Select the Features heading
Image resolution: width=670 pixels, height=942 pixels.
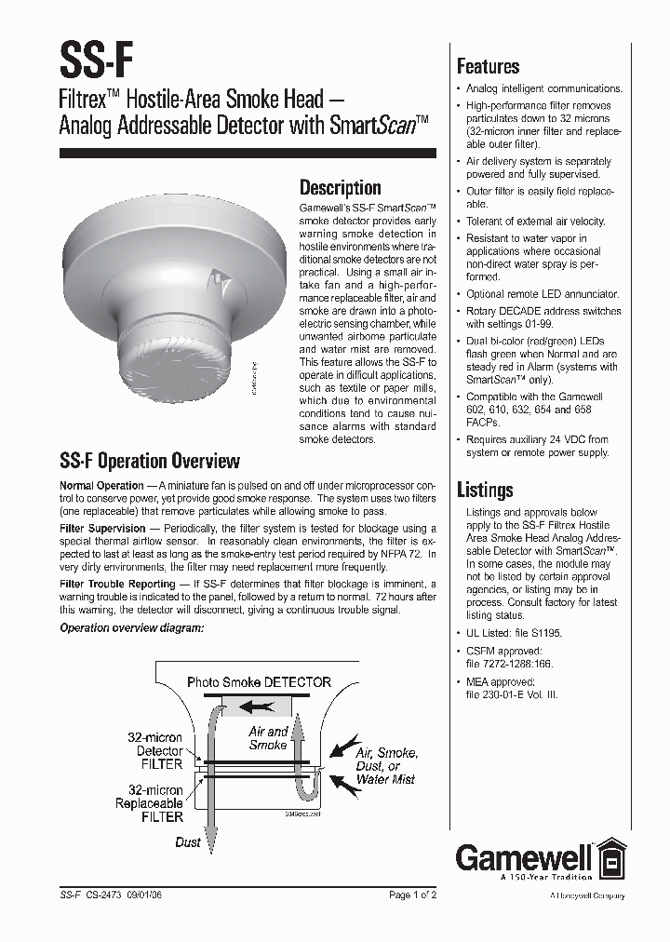pos(488,66)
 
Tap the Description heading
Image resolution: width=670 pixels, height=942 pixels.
pos(340,187)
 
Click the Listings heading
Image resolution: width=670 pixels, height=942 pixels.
pos(484,489)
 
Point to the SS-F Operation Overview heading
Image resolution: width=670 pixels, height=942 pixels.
pos(150,461)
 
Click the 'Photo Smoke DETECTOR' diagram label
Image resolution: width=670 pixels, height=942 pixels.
pos(259,681)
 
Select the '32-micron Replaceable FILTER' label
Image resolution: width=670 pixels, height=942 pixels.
pos(150,803)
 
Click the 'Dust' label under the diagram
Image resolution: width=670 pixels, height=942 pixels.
pos(187,841)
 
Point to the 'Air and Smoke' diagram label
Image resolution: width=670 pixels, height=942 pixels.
pos(268,738)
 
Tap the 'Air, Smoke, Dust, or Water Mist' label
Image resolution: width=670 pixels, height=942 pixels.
pos(386,765)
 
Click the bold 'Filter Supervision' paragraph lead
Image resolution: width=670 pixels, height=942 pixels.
pos(102,528)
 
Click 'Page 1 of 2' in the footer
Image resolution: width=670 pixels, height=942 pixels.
pos(412,895)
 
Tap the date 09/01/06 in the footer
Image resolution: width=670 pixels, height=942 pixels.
pos(149,895)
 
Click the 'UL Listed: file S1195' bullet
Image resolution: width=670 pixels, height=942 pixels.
pos(514,632)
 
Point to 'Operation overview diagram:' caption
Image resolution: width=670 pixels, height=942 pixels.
pos(131,627)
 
